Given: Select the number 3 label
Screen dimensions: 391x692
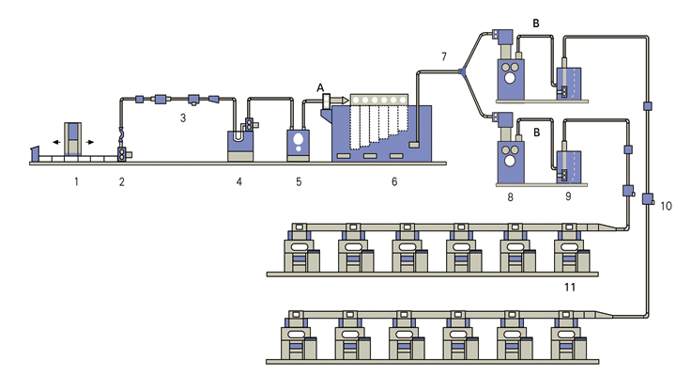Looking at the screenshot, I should [184, 119].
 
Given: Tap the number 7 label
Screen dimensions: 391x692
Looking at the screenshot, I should [445, 58].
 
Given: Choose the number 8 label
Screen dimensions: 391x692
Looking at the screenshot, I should [511, 199].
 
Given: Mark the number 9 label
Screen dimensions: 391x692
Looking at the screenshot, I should [568, 199].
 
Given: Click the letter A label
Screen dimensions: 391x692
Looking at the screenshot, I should [320, 86].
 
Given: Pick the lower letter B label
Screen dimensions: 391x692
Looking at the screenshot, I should [536, 133].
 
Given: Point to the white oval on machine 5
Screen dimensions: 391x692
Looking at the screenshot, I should [299, 142].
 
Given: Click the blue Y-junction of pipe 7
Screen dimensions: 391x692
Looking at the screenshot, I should [461, 72].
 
